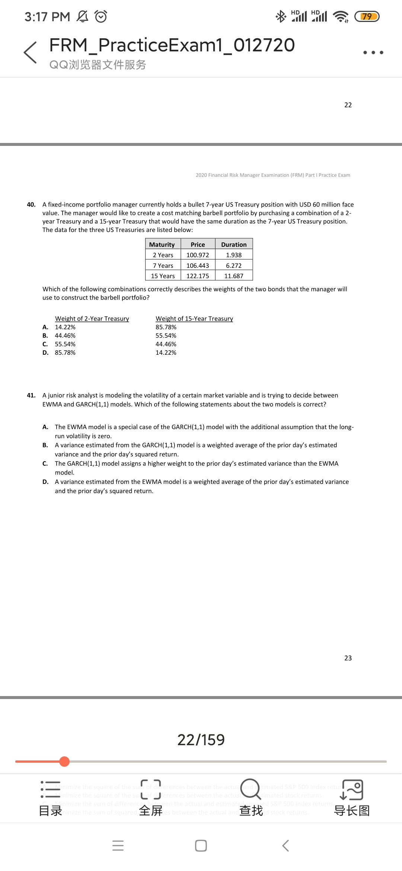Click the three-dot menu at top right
373,52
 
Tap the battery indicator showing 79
367,16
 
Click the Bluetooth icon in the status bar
281,16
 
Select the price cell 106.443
198,265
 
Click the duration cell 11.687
234,276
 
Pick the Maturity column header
162,245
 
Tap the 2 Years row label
163,255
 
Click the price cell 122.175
198,276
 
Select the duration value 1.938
234,255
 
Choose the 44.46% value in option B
65,335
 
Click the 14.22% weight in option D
166,352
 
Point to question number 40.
31,204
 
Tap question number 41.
31,395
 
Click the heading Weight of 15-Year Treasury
194,319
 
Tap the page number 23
348,658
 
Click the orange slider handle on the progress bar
64,761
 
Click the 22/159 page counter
201,740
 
